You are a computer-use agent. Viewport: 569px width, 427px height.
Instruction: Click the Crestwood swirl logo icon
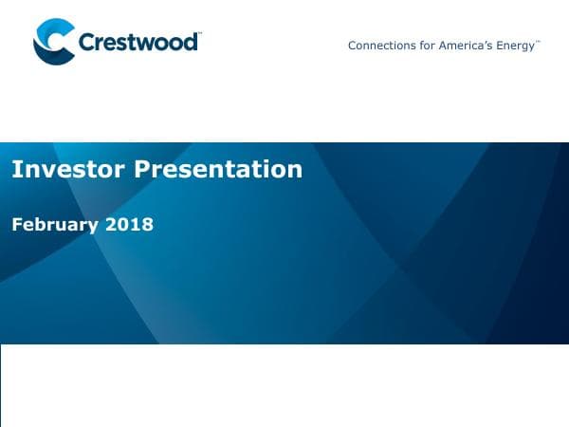[x=53, y=43]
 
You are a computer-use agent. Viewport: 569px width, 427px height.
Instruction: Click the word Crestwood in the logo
[x=138, y=44]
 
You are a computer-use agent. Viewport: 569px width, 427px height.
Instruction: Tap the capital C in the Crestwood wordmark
[x=87, y=44]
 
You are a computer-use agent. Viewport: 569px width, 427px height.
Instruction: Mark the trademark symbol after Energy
[x=539, y=42]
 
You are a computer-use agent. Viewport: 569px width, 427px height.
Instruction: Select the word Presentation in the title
[x=218, y=170]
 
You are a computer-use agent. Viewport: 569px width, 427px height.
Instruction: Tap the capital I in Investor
[x=15, y=170]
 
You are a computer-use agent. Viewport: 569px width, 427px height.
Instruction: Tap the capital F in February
[x=16, y=225]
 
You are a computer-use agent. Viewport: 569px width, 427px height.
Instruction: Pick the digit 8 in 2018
[x=147, y=225]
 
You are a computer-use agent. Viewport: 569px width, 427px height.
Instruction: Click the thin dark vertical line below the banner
[x=1, y=384]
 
